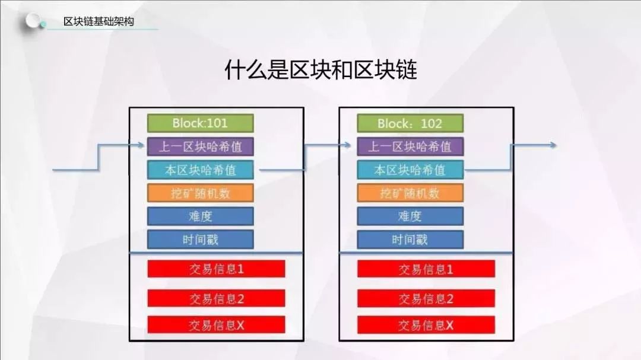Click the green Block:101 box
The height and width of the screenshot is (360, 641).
(201, 123)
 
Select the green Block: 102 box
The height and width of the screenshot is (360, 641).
(410, 123)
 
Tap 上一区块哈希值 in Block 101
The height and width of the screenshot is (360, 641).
(201, 146)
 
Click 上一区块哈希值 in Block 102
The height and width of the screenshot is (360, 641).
(410, 146)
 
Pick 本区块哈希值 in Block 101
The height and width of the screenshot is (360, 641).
(201, 170)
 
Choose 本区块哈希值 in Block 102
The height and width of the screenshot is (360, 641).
(410, 170)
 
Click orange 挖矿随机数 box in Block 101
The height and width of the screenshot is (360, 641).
(201, 193)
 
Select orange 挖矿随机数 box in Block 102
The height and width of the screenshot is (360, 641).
(410, 193)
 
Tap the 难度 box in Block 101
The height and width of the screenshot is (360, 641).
(201, 216)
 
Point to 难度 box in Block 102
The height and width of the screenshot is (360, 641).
(410, 216)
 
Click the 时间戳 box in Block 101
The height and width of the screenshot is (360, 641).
(201, 240)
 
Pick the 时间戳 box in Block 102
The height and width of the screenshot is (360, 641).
(410, 240)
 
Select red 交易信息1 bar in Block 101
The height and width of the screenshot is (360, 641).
(216, 269)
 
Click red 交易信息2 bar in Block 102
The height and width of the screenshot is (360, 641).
(426, 299)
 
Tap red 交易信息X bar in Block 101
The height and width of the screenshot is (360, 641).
(216, 325)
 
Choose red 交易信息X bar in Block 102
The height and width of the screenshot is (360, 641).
(426, 325)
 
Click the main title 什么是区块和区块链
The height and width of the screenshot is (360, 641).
(321, 70)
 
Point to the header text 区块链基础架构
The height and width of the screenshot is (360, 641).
(99, 21)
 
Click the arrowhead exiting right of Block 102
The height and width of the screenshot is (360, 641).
(553, 145)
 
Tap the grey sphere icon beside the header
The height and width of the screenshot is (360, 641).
(33, 20)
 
